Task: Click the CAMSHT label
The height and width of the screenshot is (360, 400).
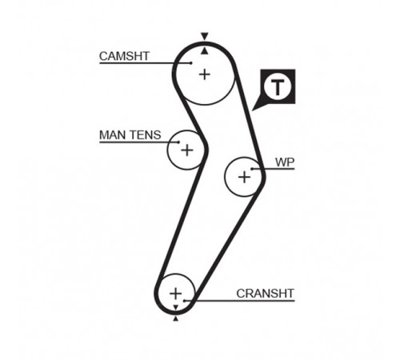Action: click(x=124, y=56)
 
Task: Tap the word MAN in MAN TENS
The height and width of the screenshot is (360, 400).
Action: click(x=111, y=135)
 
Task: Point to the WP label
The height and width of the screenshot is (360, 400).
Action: click(x=285, y=162)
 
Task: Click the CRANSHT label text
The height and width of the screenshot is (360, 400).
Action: click(x=265, y=294)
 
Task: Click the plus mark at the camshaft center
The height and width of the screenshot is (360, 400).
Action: click(x=205, y=74)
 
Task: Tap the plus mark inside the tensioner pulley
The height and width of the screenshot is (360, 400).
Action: click(x=187, y=150)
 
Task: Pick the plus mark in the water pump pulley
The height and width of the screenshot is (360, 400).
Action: click(x=244, y=177)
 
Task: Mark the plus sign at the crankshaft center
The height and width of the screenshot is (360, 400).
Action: click(x=175, y=294)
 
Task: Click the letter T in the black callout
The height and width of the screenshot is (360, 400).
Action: click(x=278, y=86)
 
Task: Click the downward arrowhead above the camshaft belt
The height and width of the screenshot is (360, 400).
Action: click(x=205, y=36)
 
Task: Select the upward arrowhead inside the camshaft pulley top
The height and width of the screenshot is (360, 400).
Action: click(x=205, y=51)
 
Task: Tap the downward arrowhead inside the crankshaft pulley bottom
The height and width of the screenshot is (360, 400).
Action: click(x=175, y=308)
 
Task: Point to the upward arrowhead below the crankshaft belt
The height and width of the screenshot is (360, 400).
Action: click(x=175, y=318)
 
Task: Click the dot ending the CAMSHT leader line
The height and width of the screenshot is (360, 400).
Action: click(x=191, y=63)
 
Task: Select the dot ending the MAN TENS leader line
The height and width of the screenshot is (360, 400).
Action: click(x=178, y=142)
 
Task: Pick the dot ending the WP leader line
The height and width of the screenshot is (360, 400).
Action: click(x=252, y=169)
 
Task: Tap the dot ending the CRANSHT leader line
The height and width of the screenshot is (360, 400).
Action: click(x=184, y=301)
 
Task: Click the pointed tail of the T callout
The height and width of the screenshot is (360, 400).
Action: click(x=253, y=110)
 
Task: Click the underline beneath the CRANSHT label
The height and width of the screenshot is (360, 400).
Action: click(x=239, y=301)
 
